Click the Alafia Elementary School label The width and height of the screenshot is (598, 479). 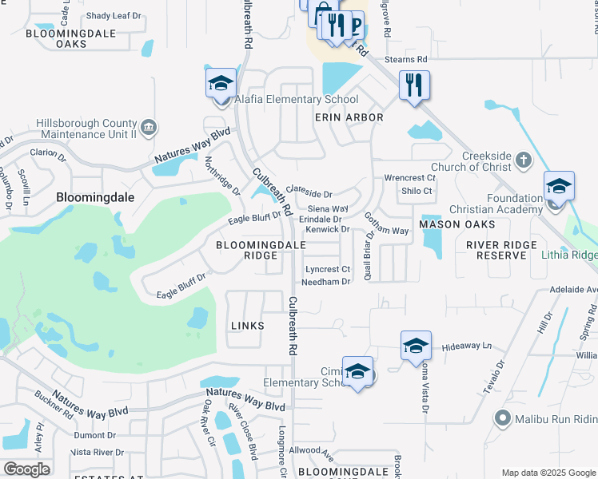(296, 100)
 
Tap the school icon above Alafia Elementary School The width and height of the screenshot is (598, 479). (221, 82)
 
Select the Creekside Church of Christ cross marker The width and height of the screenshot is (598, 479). (523, 160)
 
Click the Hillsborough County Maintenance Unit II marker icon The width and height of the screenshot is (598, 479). (149, 128)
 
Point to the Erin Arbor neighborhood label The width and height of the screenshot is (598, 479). (349, 117)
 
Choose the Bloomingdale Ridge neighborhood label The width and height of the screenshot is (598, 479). (248, 250)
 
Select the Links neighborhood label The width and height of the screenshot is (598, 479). (247, 326)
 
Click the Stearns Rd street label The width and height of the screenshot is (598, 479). (406, 59)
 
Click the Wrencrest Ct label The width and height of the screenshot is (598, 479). (409, 178)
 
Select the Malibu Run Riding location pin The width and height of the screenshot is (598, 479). (503, 418)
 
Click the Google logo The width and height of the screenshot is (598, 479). (26, 469)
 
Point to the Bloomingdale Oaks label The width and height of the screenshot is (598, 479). (71, 39)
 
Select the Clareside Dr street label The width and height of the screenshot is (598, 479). (309, 194)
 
